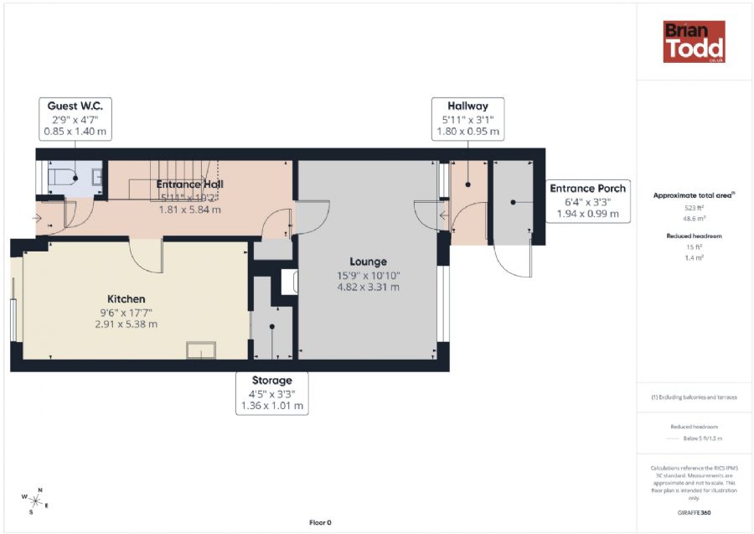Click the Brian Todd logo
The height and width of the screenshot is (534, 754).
[x=694, y=42]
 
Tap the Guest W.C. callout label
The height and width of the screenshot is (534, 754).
[x=75, y=119]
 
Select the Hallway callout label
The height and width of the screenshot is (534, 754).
[x=467, y=119]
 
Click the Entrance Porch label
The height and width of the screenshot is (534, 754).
[x=587, y=189]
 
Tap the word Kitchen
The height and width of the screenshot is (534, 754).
[x=127, y=298]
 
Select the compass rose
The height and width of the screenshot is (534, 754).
[x=35, y=500]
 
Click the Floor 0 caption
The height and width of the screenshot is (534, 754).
[x=320, y=522]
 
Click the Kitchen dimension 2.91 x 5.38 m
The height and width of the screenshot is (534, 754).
[x=126, y=324]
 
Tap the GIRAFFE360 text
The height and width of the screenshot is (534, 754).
[x=694, y=511]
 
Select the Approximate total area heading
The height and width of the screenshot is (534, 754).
[x=693, y=195]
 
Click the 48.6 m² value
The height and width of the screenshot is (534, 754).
[x=693, y=216]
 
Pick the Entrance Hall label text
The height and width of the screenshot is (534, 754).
[x=190, y=184]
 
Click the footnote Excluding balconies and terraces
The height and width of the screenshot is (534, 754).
[x=694, y=397]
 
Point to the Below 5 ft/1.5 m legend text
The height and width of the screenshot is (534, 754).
[x=702, y=438]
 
